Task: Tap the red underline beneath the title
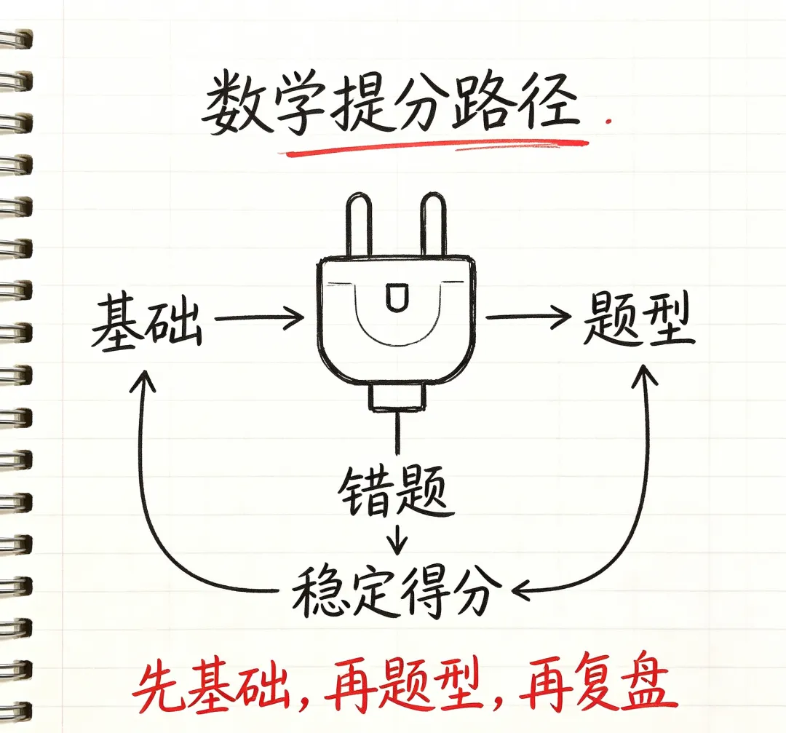tap(434, 148)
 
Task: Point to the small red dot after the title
tap(608, 121)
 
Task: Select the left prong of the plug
tap(358, 225)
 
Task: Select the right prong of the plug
tap(434, 225)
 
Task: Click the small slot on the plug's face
tap(397, 296)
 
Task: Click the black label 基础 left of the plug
tap(147, 322)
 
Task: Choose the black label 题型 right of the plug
tap(639, 319)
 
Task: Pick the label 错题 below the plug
tap(395, 492)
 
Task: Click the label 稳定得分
tap(397, 593)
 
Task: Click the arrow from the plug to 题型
tap(528, 317)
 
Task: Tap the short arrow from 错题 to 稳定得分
tap(397, 539)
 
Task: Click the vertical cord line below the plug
tap(399, 433)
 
